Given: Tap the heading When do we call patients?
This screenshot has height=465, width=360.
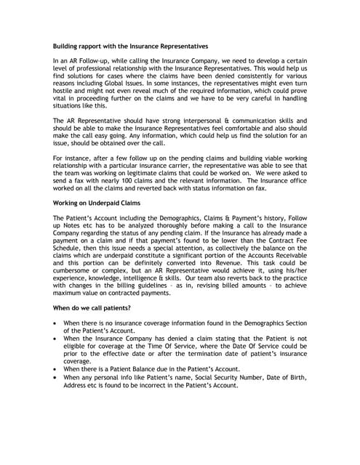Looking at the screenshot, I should coord(92,308).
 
